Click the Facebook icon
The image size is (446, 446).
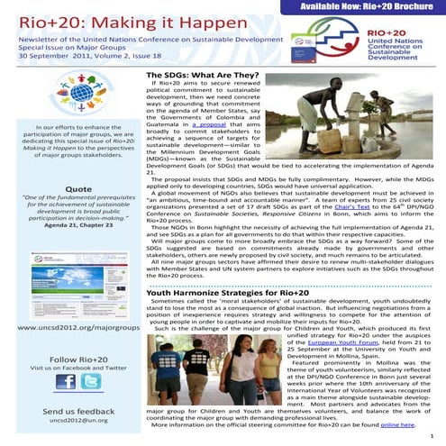[66, 381]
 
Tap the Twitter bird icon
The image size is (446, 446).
[92, 381]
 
